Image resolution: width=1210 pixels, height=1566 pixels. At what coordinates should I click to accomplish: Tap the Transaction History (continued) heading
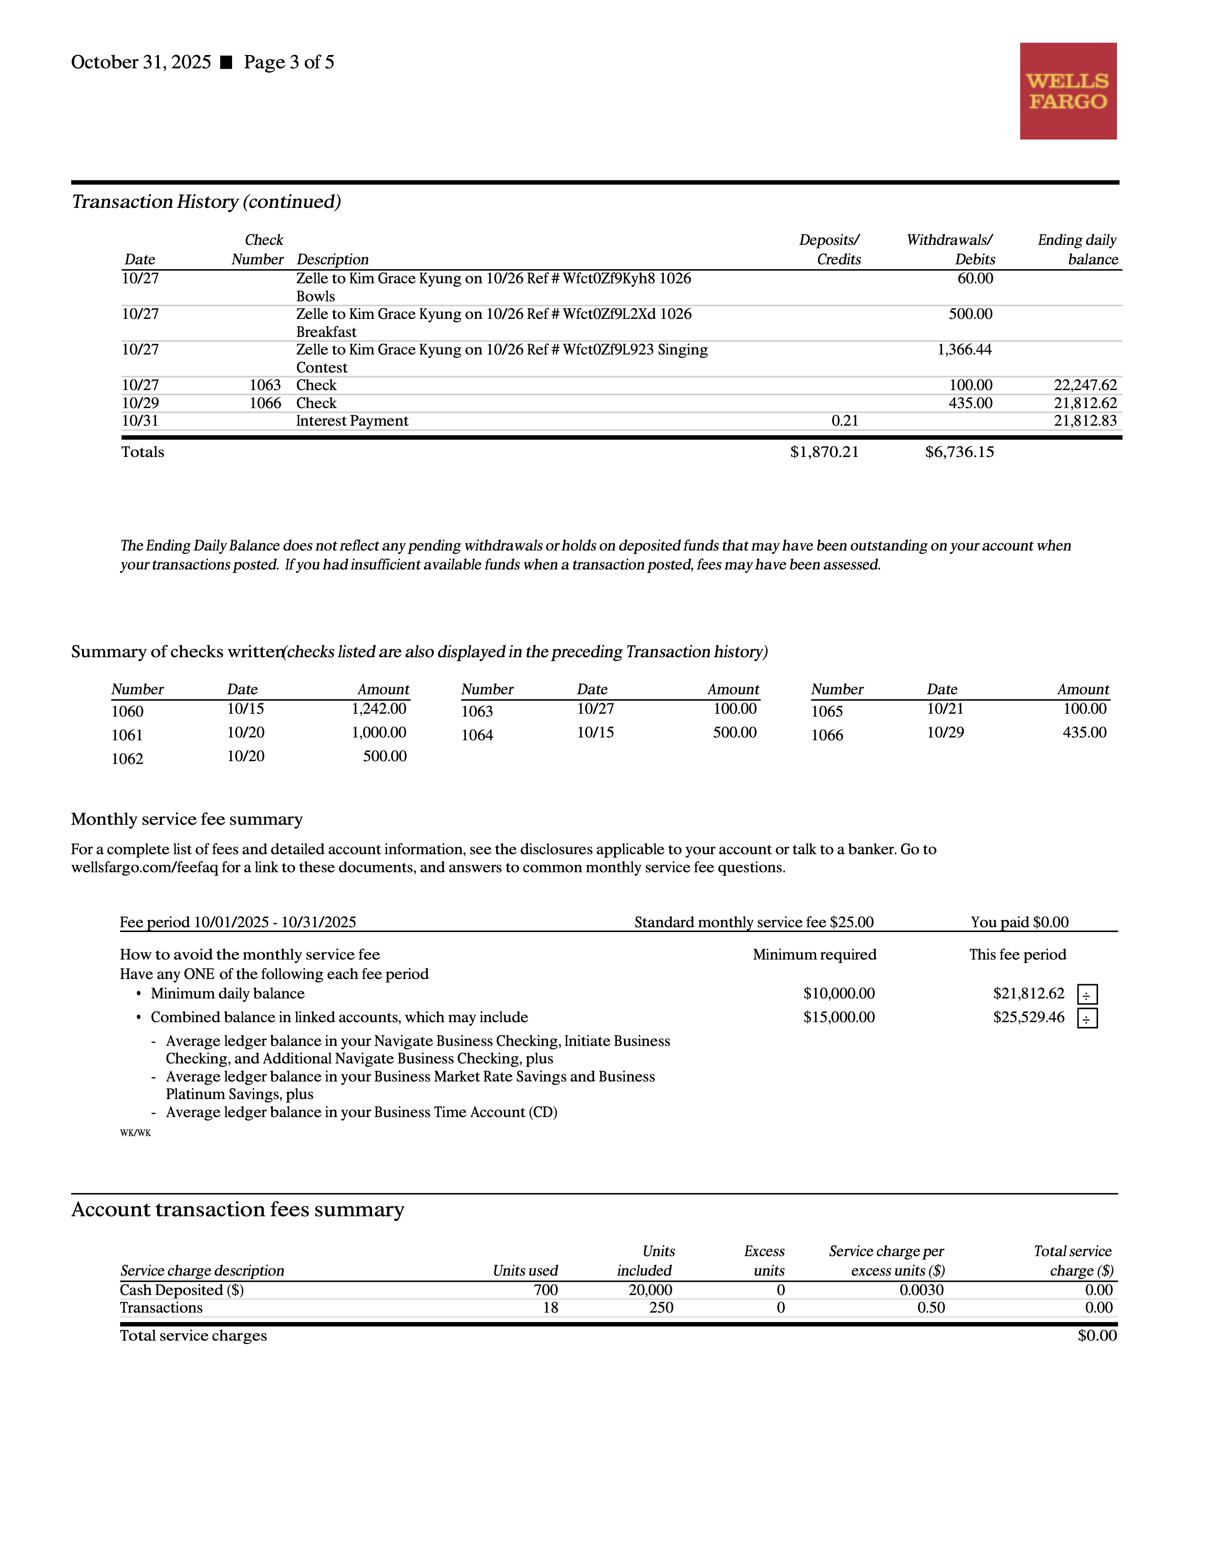[x=206, y=202]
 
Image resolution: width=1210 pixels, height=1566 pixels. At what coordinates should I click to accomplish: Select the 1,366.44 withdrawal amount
[x=964, y=350]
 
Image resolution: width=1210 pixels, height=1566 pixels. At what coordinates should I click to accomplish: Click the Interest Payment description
[x=352, y=421]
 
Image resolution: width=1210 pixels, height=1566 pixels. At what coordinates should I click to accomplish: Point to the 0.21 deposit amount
[x=845, y=421]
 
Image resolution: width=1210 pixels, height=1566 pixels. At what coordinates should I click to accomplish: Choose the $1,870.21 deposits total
[x=824, y=452]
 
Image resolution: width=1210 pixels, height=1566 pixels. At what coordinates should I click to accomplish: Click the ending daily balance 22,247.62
[x=1085, y=385]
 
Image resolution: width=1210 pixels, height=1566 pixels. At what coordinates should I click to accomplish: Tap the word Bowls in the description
[x=316, y=296]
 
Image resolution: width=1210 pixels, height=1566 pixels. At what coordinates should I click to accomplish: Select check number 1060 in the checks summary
[x=128, y=711]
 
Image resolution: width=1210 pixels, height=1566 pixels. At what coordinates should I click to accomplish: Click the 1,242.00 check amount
[x=379, y=708]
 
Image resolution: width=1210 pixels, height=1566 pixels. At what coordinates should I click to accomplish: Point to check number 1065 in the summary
[x=827, y=711]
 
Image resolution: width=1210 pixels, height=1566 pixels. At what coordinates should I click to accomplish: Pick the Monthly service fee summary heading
[x=186, y=819]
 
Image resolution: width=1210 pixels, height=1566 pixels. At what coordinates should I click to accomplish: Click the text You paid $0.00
[x=1019, y=922]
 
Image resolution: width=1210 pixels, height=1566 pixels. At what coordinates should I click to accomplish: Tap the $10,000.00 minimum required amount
[x=838, y=993]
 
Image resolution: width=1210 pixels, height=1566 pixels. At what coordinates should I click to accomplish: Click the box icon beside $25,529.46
[x=1087, y=1018]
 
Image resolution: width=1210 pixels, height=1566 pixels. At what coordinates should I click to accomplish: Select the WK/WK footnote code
[x=136, y=1133]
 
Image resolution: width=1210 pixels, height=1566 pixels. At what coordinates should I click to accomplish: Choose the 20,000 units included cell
[x=650, y=1290]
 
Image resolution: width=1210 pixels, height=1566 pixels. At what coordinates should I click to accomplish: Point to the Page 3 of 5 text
[x=289, y=62]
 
